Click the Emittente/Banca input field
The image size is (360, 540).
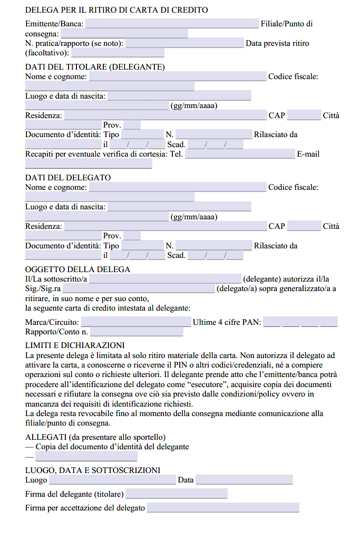172,24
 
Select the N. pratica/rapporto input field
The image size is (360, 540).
184,43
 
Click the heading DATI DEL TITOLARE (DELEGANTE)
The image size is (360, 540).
95,67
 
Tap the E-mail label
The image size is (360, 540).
308,154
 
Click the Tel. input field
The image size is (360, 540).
240,154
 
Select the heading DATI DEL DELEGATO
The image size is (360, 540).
68,178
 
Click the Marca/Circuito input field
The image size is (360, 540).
136,322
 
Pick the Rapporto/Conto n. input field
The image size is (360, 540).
137,332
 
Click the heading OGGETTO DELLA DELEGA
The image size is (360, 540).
77,269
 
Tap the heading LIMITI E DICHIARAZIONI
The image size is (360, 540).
75,345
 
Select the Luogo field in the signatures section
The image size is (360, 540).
112,480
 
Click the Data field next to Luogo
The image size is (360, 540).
244,480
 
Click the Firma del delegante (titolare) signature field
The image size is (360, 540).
177,494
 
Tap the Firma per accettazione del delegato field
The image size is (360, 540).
223,508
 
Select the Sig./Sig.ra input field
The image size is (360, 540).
139,288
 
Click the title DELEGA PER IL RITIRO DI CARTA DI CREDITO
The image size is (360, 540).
116,10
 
